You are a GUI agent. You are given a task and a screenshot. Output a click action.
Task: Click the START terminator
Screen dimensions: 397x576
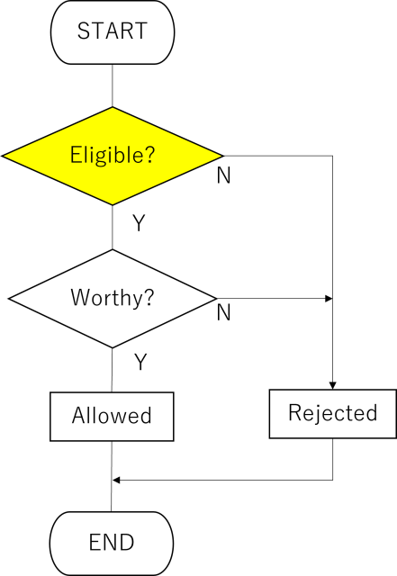coord(113,32)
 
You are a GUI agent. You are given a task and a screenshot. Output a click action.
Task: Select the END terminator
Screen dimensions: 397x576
coord(112,544)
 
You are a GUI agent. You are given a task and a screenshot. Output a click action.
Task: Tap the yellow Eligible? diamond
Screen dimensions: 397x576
coord(113,156)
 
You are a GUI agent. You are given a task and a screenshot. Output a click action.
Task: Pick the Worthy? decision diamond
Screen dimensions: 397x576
coord(113,298)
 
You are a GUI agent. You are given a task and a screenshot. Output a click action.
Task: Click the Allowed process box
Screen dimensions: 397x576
coord(112,417)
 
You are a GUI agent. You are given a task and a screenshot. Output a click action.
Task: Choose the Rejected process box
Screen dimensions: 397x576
coord(333,414)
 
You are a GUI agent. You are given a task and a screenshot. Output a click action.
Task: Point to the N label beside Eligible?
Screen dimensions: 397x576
coord(223,175)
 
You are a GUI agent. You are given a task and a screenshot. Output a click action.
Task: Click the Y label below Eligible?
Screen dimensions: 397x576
coord(139,222)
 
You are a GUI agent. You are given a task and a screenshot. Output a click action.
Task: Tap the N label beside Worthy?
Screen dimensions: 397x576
coord(223,312)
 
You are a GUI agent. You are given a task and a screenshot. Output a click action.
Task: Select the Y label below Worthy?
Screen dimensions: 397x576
coord(140,362)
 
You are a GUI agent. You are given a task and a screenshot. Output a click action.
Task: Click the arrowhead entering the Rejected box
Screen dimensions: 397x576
coord(333,386)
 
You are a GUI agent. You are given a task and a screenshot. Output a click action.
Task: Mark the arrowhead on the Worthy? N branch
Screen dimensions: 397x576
coord(329,298)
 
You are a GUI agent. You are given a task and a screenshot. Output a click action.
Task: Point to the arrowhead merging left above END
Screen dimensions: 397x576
coord(116,480)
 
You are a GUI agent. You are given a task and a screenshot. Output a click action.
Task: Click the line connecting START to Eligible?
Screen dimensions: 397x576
coord(113,85)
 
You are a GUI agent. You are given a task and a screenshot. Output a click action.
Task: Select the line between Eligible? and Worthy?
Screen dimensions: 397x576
coord(113,228)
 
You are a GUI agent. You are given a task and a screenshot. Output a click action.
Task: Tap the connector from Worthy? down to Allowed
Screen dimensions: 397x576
coord(113,370)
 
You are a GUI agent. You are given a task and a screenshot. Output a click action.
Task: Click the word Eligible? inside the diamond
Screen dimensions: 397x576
coord(113,155)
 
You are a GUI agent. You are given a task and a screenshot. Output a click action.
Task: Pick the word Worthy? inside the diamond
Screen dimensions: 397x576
coord(113,298)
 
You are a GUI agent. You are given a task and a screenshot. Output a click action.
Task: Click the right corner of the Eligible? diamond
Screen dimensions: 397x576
coord(223,156)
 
